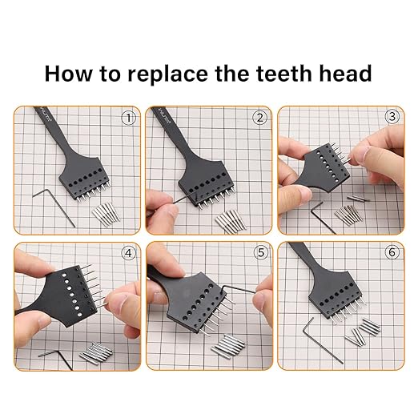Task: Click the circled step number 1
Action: tap(127, 119)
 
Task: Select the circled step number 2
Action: tap(259, 119)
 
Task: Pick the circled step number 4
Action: tap(127, 253)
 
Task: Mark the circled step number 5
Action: tap(259, 253)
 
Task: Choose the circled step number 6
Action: tap(391, 253)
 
